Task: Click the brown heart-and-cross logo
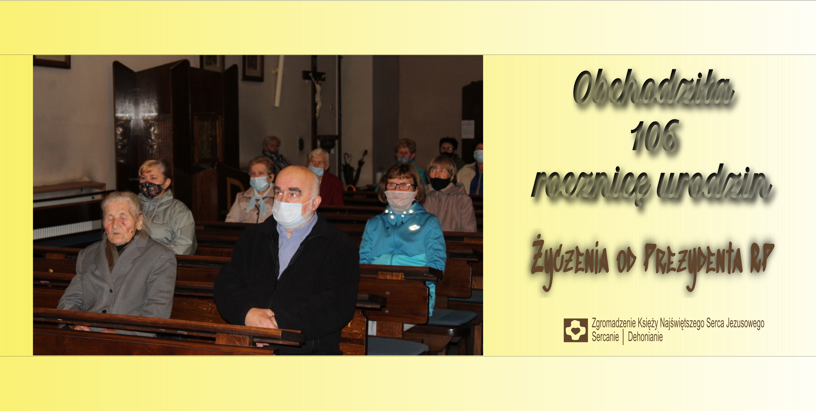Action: click(576, 330)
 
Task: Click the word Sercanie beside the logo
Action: click(605, 337)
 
